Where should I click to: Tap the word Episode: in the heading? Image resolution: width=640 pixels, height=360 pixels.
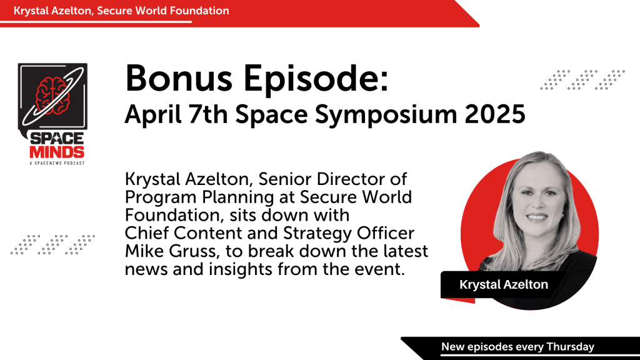coord(316,80)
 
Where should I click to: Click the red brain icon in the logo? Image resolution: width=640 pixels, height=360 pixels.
coord(52,95)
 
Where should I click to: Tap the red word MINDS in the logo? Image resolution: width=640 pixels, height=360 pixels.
coord(57,152)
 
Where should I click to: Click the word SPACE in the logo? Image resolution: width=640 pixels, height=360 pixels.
coord(57,139)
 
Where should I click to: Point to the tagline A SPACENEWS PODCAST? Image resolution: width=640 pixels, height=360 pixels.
coord(57,163)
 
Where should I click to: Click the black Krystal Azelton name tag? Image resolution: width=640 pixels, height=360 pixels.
coord(503,284)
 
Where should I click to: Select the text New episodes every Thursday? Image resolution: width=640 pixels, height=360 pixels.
coord(517,347)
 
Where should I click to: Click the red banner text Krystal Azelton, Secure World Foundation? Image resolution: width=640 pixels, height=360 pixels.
coord(121,11)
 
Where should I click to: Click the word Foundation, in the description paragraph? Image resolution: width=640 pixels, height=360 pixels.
coord(176,215)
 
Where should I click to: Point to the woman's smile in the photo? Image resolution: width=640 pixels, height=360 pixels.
coord(536,217)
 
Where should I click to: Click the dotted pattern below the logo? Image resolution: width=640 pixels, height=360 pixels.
coord(52,245)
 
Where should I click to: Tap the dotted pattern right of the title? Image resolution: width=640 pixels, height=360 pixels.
coord(582,79)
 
